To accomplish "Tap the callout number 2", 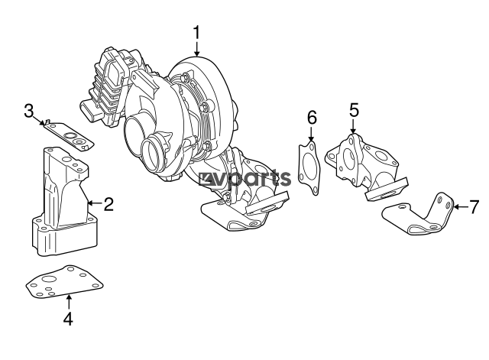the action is click(108, 204).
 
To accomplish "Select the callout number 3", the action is click(29, 111).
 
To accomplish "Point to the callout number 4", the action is click(68, 319).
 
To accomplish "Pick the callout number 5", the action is click(354, 110).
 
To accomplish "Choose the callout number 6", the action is click(312, 117).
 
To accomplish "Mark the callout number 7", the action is click(474, 207).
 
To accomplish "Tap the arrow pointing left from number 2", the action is click(95, 203).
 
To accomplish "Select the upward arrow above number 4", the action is click(69, 302).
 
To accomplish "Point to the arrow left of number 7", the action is click(460, 206).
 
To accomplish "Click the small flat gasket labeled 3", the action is click(68, 136).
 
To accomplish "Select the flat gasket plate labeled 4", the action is click(64, 282).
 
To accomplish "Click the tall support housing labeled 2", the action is click(64, 203).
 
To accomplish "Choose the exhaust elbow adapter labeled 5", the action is click(365, 165).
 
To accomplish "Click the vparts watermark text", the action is click(245, 179).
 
